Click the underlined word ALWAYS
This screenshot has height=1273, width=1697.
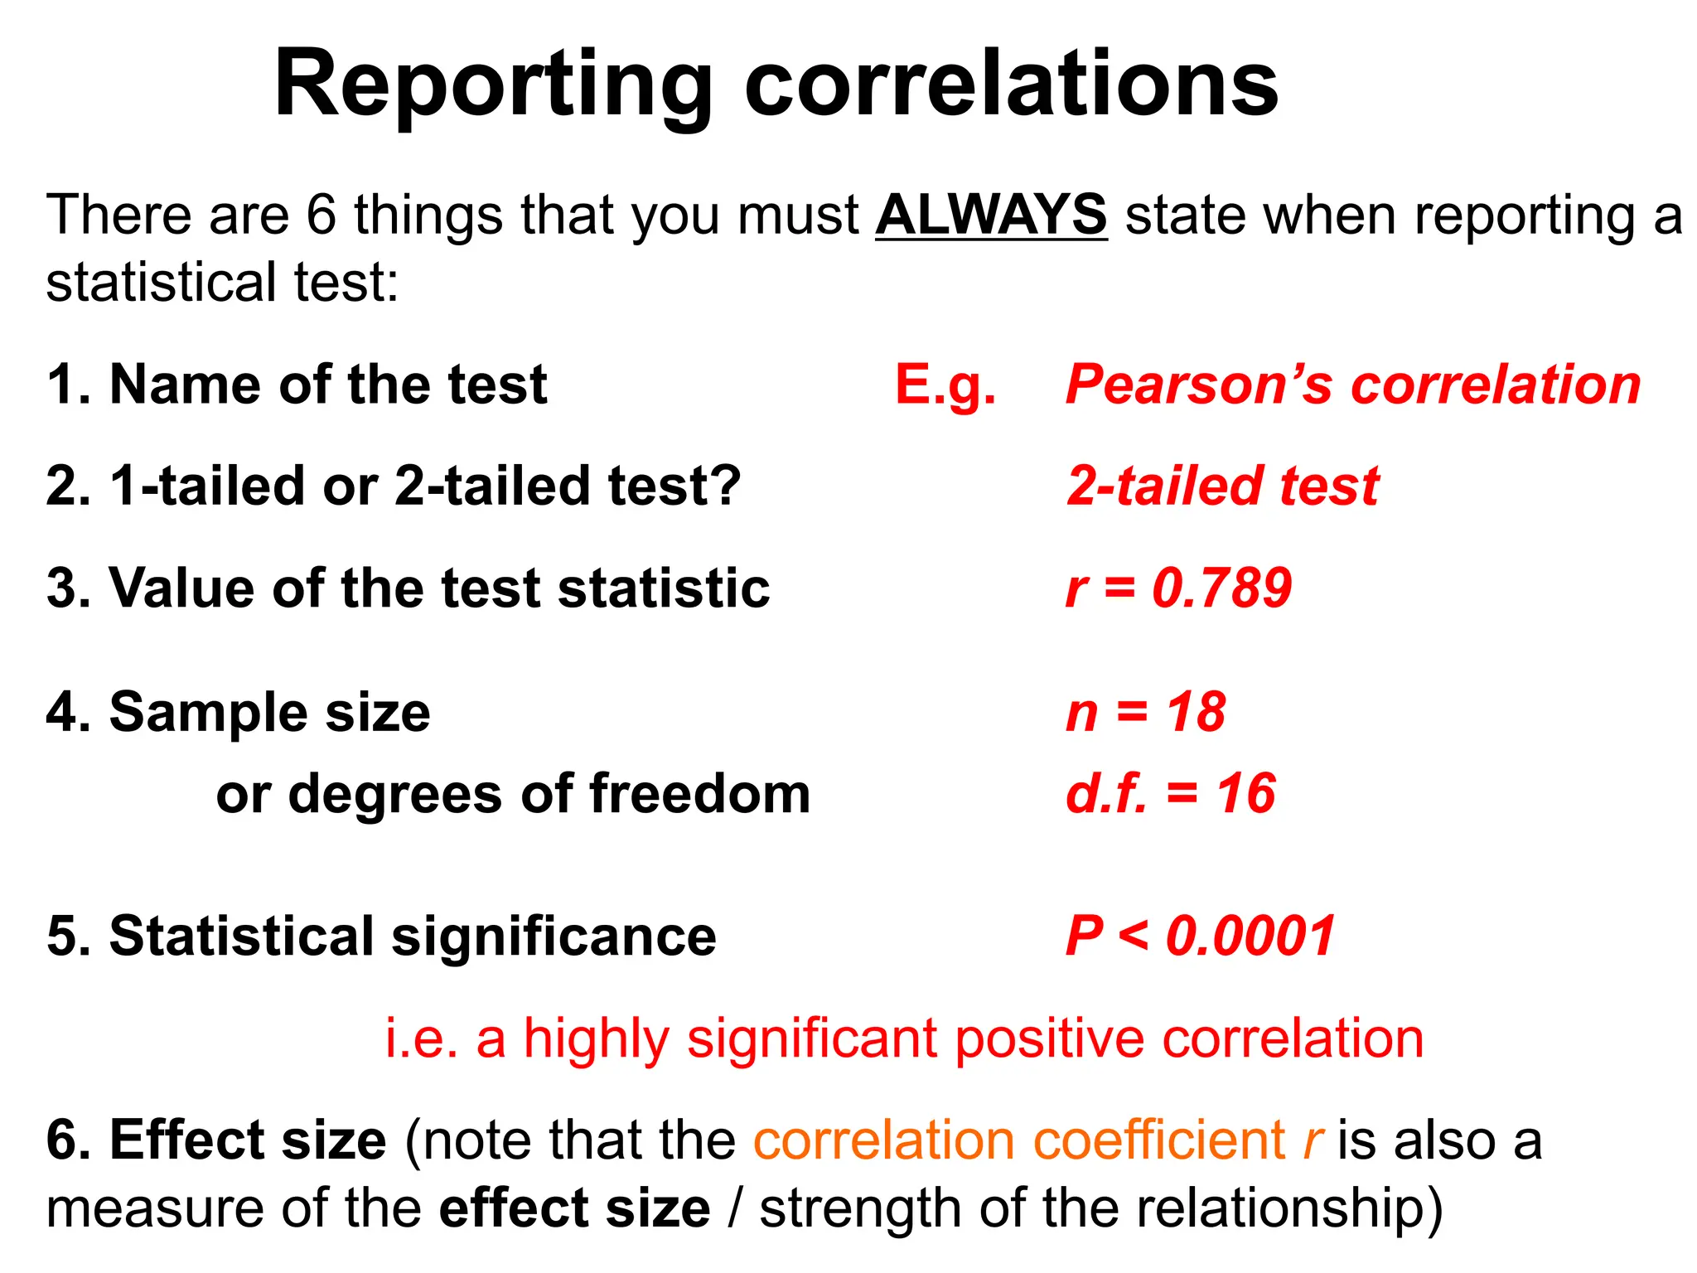pos(991,215)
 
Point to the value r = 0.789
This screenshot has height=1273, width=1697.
pos(1178,588)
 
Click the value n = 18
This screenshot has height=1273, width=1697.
pos(1145,712)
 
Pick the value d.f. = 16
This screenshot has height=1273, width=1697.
pos(1170,793)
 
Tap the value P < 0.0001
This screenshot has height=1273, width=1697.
pos(1200,936)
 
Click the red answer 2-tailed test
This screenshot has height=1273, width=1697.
pos(1223,486)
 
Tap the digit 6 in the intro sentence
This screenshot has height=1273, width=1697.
pos(322,215)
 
